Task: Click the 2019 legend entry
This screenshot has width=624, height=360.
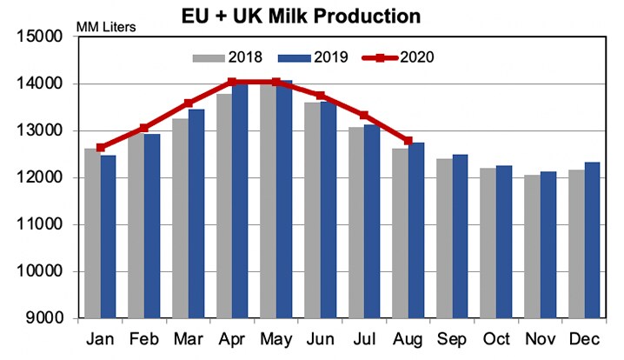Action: (314, 57)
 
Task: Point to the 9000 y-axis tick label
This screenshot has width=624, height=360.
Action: (39, 318)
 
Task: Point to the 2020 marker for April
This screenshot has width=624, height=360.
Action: (232, 82)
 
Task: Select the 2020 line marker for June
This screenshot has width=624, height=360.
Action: (320, 95)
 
